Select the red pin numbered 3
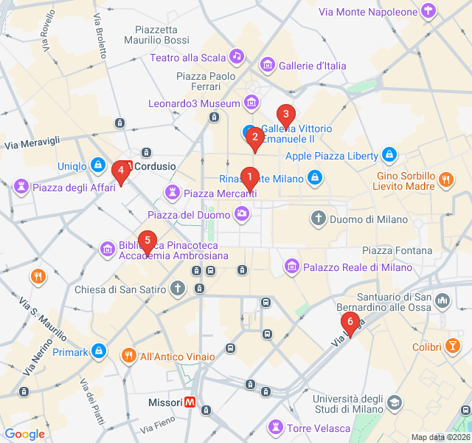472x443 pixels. pos(285,115)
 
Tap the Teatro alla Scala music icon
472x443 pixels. pos(236,56)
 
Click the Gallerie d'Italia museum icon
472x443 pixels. pos(267,66)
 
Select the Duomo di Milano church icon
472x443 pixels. pos(318,219)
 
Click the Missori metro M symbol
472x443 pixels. pos(190,402)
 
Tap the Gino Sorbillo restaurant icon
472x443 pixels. pos(445,179)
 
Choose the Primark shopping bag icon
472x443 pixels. pos(99,351)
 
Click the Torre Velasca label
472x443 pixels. pos(319,428)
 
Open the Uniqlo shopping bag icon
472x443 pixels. pos(97,165)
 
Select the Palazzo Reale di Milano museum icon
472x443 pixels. pos(291,266)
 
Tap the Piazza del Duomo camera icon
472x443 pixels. pos(241,214)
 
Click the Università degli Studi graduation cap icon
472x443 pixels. pos(395,402)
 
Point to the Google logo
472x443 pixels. pos(25,434)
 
